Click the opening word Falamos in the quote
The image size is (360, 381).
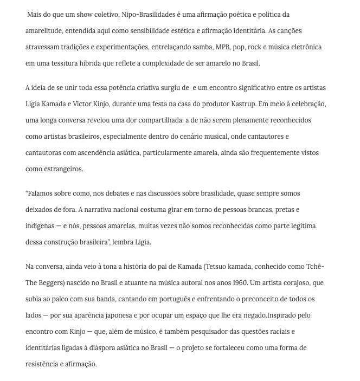point(43,193)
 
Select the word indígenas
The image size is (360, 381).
point(40,226)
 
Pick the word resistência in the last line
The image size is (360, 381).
point(44,364)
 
